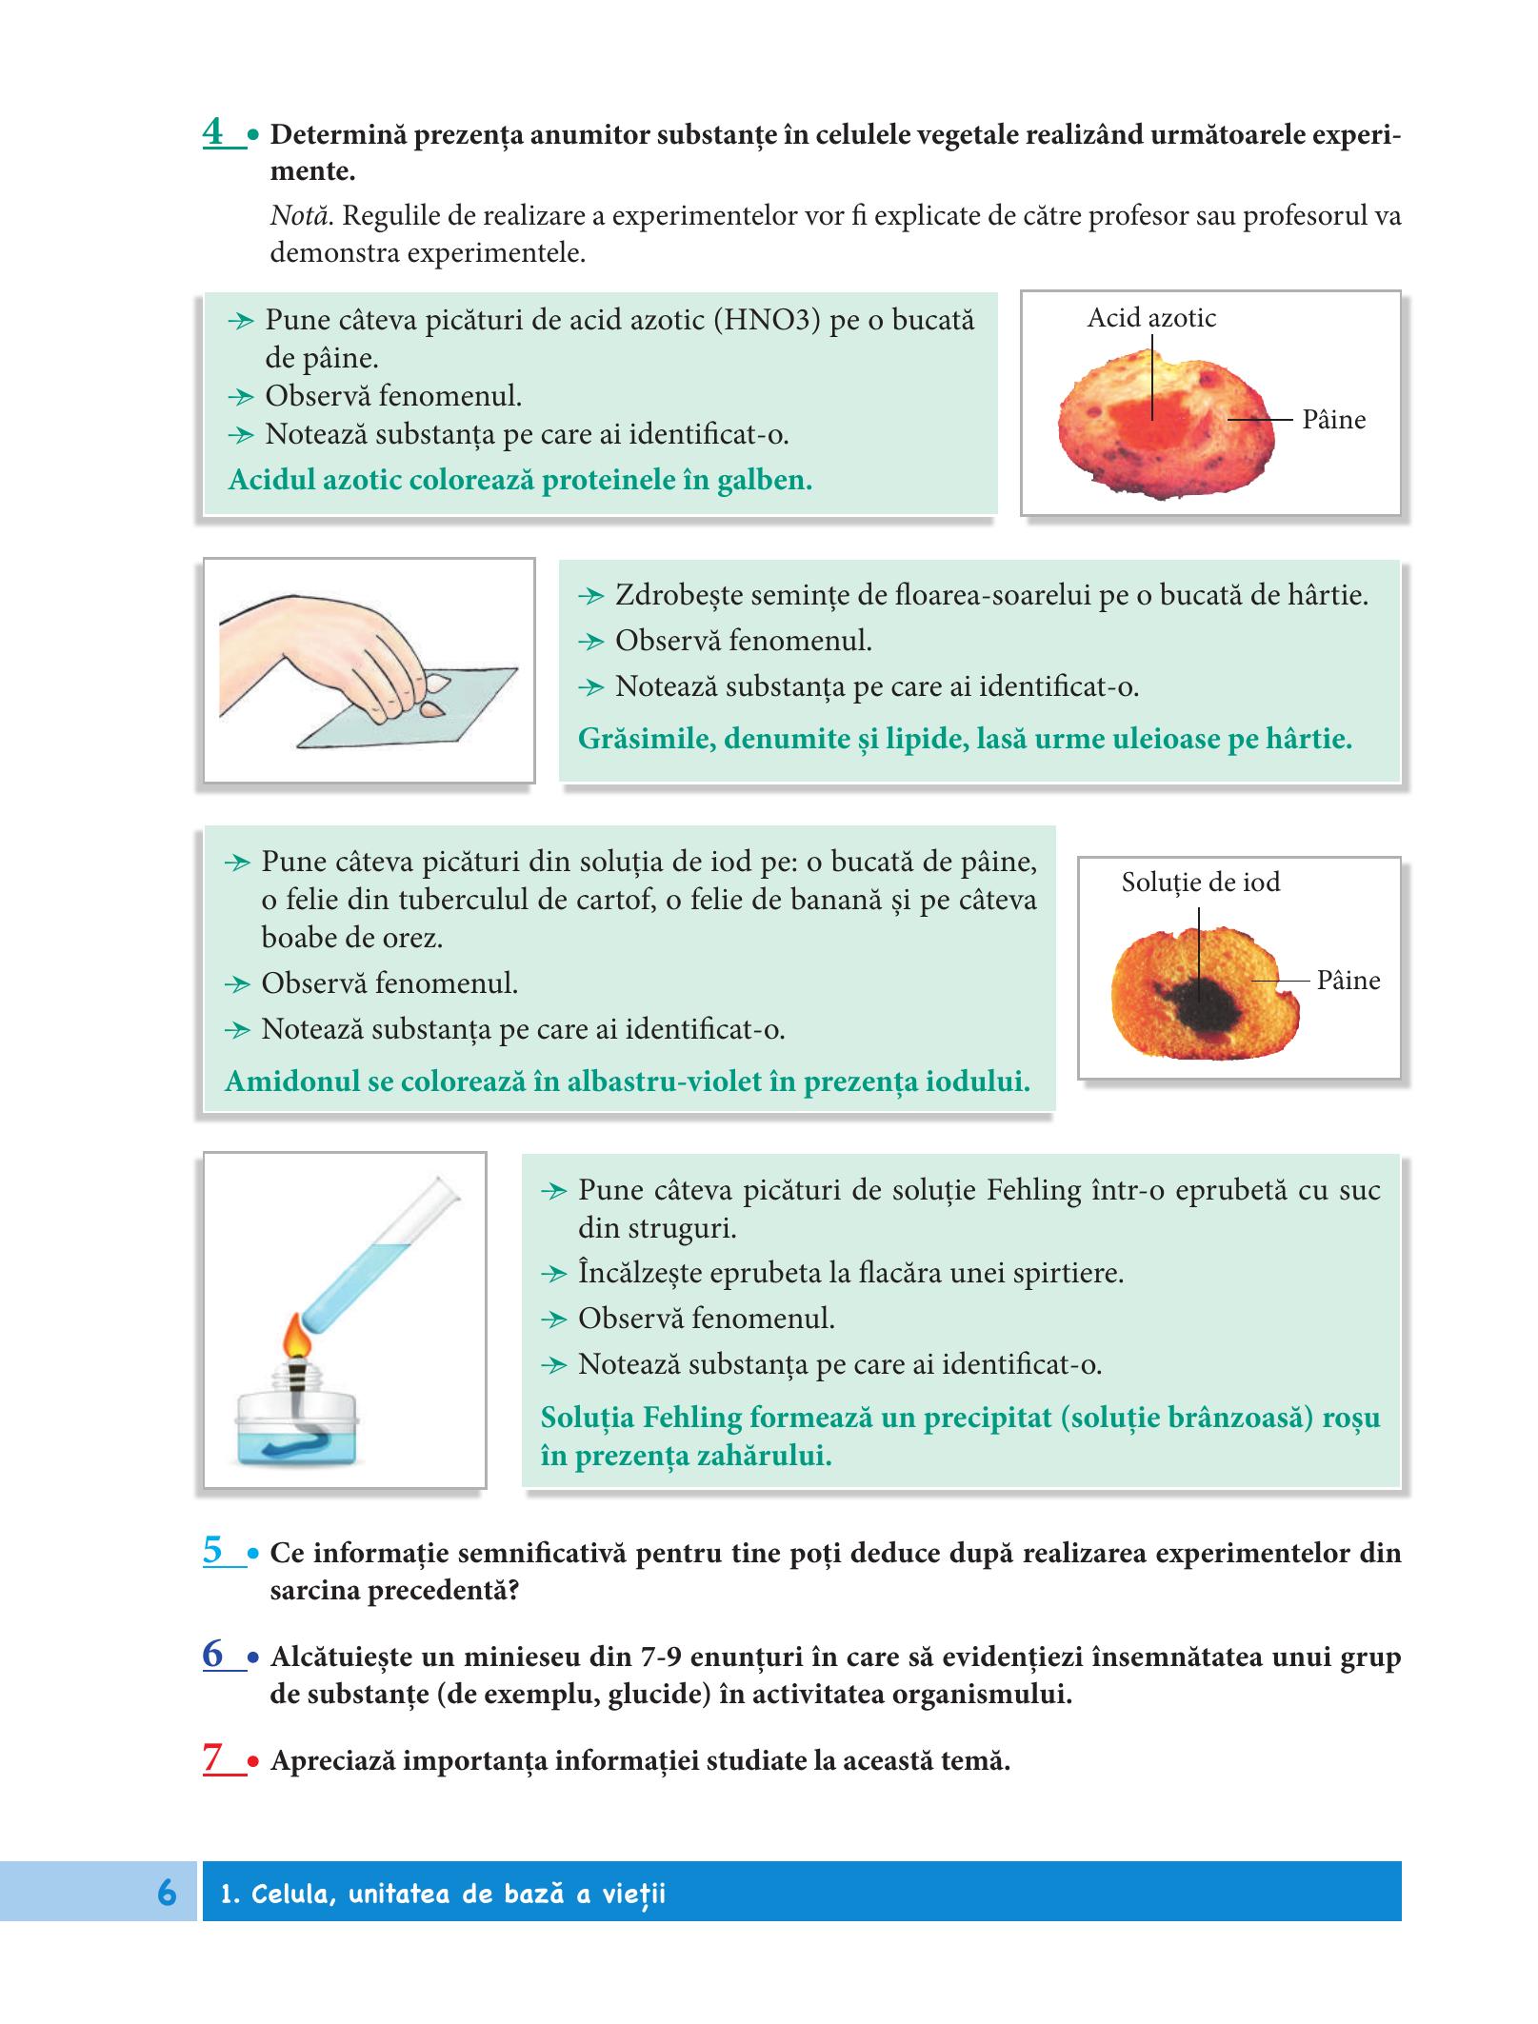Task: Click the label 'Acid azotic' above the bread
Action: [x=1151, y=318]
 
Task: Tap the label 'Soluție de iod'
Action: [x=1200, y=882]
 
